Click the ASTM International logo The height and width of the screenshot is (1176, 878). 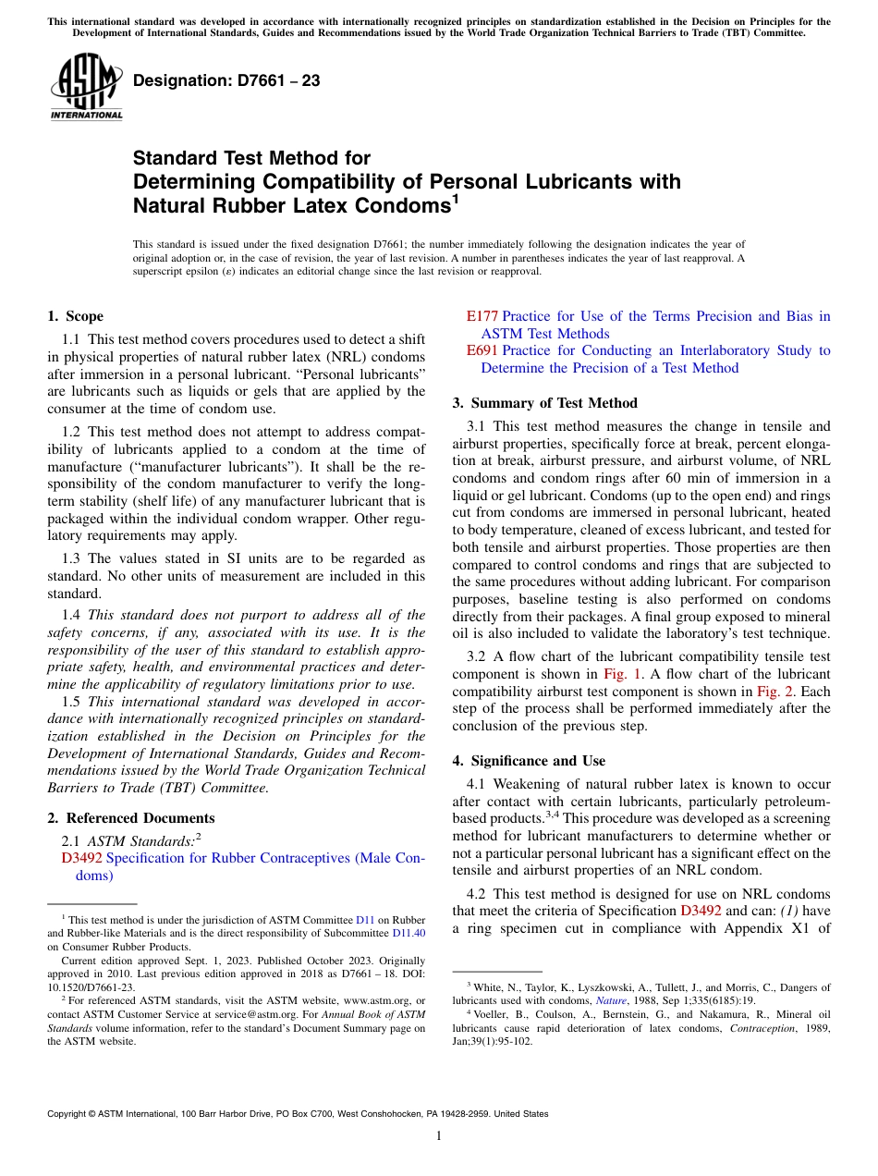coord(86,87)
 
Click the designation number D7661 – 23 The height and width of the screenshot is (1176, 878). coord(226,80)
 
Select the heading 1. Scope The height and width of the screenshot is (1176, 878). coord(75,316)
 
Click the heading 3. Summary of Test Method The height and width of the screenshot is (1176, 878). coord(544,403)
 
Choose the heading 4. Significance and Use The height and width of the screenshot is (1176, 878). coord(529,761)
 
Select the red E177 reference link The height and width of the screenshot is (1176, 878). coord(482,316)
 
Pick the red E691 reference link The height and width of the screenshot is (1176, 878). coord(482,350)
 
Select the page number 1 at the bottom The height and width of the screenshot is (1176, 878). coord(439,1136)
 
